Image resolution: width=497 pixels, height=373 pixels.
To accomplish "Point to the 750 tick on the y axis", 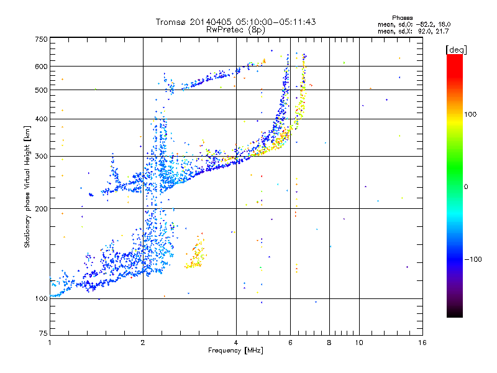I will pos(42,39).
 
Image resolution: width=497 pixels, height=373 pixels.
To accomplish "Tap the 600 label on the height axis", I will pos(42,67).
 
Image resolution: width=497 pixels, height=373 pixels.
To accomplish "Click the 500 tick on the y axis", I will pos(42,90).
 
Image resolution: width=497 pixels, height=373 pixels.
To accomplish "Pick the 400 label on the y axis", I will pos(42,119).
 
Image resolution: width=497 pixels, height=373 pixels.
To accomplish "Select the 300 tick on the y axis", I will pos(42,156).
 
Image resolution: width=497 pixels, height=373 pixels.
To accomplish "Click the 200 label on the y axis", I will pos(42,209).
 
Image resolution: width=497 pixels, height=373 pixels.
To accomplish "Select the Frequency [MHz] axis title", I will pos(236,351).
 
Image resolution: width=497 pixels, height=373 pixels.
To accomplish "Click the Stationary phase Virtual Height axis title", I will pos(27,186).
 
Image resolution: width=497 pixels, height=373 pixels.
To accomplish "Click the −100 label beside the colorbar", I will pos(473,259).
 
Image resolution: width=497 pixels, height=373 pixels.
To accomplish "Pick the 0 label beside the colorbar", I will pos(467,186).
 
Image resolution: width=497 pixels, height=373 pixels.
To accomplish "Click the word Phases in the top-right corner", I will pos(403,17).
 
